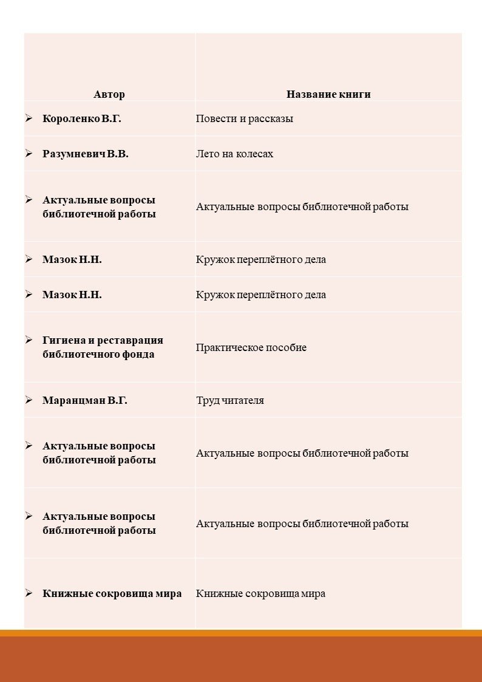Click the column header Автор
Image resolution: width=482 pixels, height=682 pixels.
click(x=109, y=94)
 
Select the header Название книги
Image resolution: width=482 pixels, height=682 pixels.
click(x=328, y=94)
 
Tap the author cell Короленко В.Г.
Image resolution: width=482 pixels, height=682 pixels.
click(x=82, y=118)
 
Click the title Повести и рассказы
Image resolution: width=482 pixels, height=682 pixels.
click(x=244, y=118)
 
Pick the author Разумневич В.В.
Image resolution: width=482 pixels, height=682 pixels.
click(x=86, y=154)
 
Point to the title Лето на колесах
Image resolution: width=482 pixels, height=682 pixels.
click(x=234, y=154)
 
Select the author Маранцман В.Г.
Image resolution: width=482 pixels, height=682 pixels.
click(x=85, y=400)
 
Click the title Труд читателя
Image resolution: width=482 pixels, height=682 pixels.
click(x=229, y=400)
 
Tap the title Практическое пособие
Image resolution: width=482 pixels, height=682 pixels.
click(x=251, y=347)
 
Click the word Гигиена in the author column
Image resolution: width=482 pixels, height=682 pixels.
click(x=63, y=340)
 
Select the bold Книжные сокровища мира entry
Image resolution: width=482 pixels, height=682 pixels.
click(x=112, y=593)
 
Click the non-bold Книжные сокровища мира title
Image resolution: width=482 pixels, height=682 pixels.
click(x=260, y=593)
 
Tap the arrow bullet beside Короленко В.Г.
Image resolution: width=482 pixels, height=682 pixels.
click(x=29, y=118)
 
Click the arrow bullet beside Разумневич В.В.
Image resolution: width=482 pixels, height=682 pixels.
click(x=29, y=153)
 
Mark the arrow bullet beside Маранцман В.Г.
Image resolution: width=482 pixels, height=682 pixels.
click(x=29, y=400)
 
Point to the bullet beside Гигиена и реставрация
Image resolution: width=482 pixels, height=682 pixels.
click(x=29, y=339)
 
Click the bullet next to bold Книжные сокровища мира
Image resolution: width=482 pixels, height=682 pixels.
click(x=29, y=593)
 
